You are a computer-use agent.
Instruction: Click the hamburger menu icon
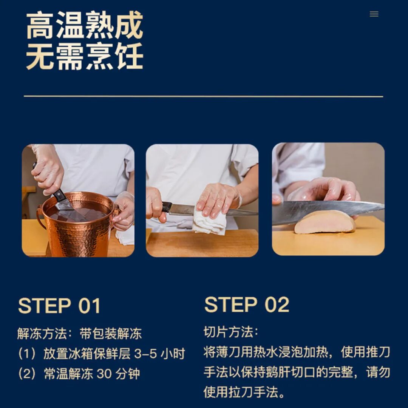pyautogui.click(x=374, y=14)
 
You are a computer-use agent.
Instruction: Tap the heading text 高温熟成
pyautogui.click(x=85, y=25)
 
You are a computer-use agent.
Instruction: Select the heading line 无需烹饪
pyautogui.click(x=85, y=56)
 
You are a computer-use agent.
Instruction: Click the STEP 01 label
pyautogui.click(x=59, y=306)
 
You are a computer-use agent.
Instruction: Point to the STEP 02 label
pyautogui.click(x=247, y=304)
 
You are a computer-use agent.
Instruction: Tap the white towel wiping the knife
pyautogui.click(x=209, y=220)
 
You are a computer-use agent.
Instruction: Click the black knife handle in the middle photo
pyautogui.click(x=167, y=207)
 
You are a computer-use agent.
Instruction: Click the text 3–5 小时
pyautogui.click(x=159, y=354)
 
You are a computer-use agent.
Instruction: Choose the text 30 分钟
pyautogui.click(x=118, y=374)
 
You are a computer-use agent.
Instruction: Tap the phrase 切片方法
pyautogui.click(x=228, y=332)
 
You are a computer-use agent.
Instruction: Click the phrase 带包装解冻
pyautogui.click(x=111, y=334)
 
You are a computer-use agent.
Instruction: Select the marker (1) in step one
pyautogui.click(x=27, y=354)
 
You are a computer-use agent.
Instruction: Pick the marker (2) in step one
pyautogui.click(x=27, y=374)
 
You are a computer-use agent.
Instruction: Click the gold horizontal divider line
pyautogui.click(x=204, y=96)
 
